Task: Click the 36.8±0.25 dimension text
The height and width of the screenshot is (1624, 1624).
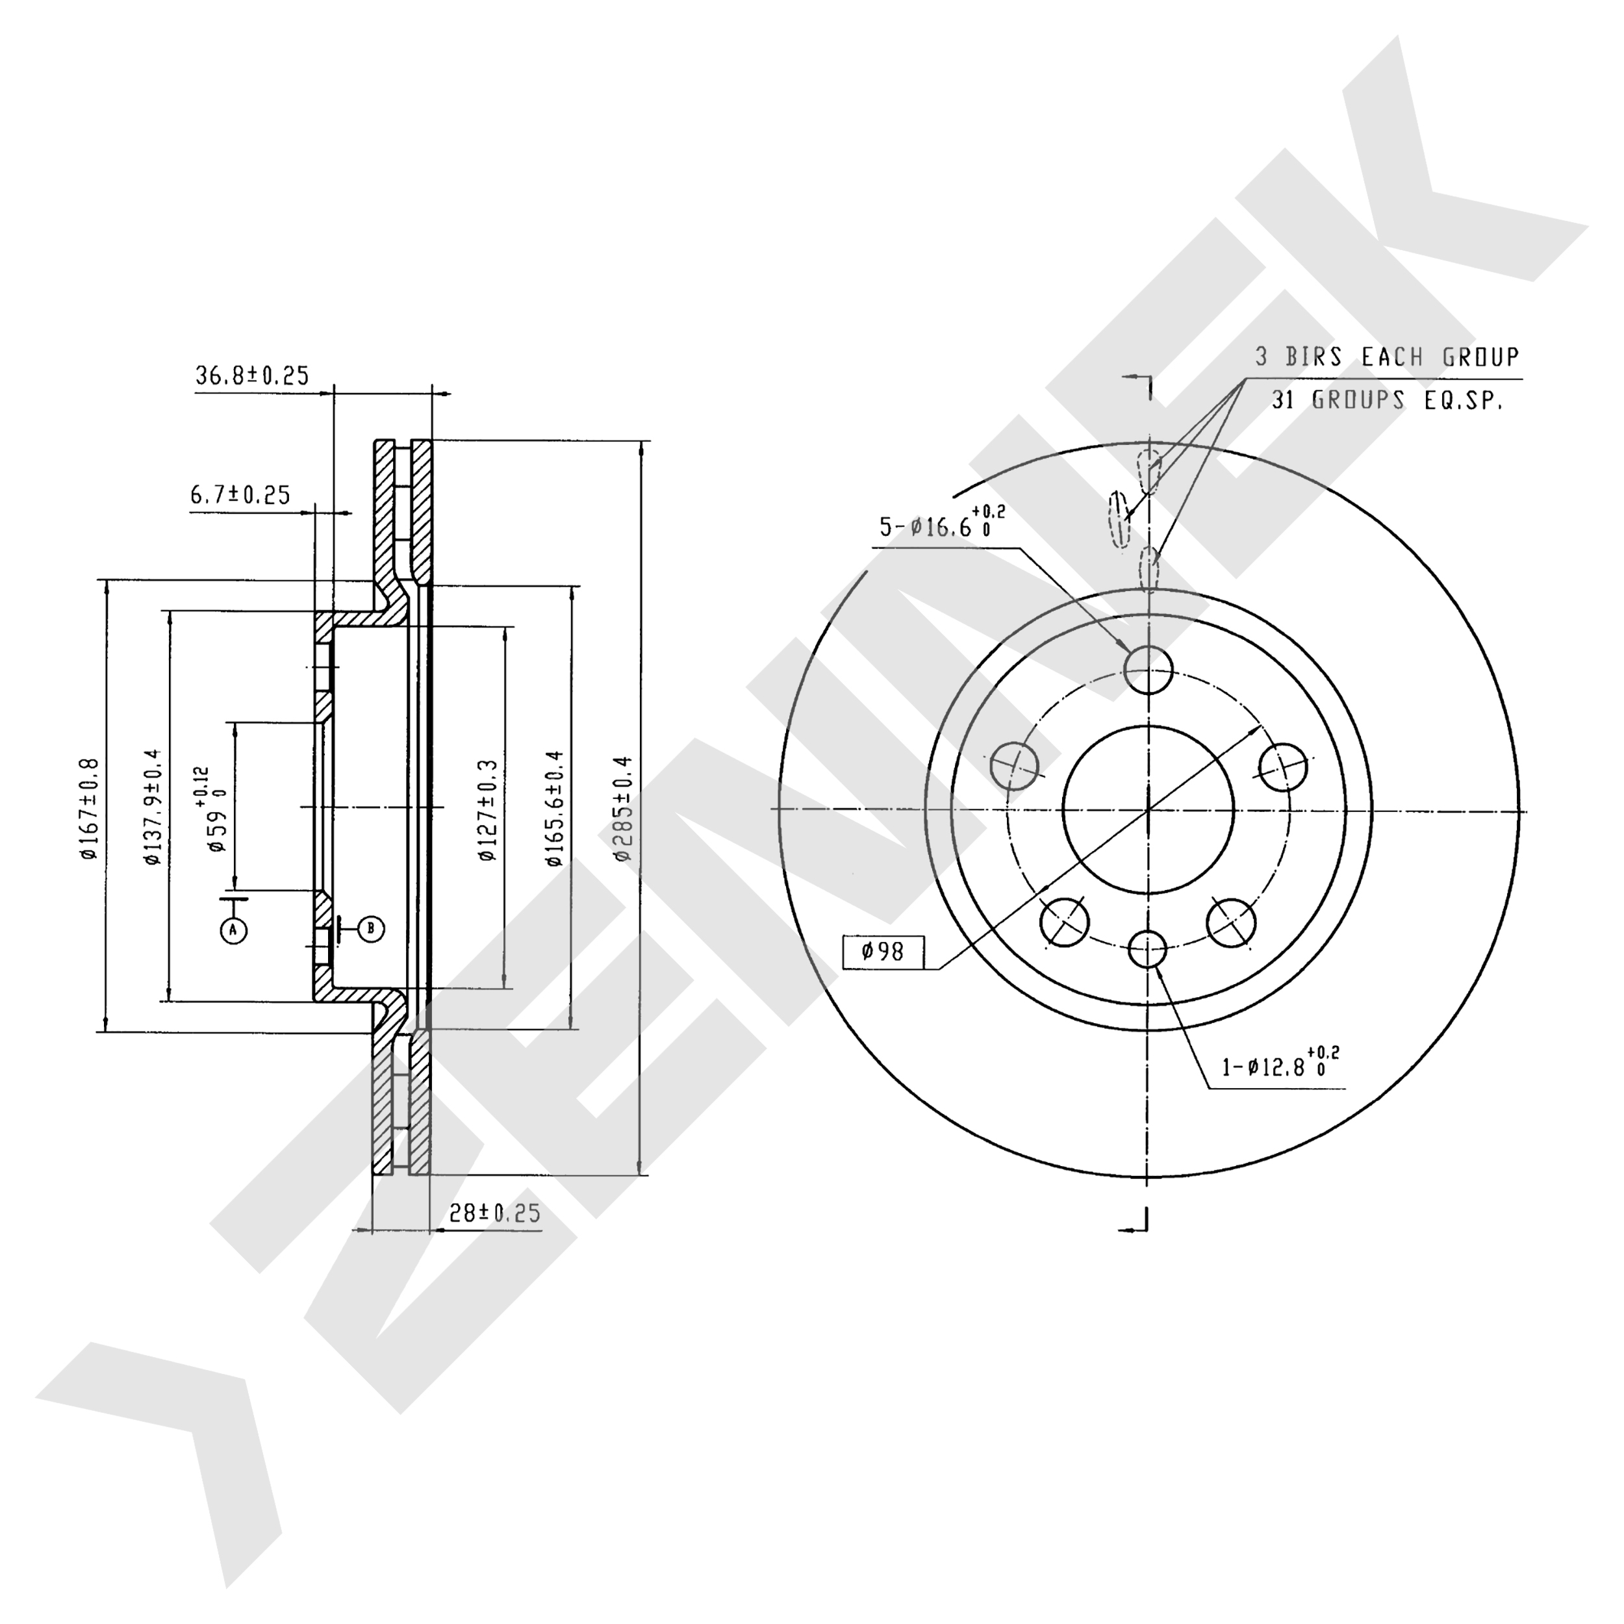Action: pos(252,375)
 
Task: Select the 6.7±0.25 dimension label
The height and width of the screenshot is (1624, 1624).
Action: pos(240,495)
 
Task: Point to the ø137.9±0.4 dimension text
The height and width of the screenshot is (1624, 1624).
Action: pos(152,807)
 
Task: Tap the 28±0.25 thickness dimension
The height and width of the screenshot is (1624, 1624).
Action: pos(494,1213)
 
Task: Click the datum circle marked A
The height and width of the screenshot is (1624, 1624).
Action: pos(234,930)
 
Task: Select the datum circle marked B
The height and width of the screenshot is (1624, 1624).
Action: pos(372,928)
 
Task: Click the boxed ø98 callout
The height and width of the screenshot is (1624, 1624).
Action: pos(883,952)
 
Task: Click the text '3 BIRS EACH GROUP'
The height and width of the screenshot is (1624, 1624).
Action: pos(1388,357)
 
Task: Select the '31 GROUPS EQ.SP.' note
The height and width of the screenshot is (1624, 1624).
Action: pos(1387,400)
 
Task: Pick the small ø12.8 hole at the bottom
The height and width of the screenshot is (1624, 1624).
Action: pos(1147,950)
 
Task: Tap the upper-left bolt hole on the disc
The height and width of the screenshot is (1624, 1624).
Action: pos(1015,766)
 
